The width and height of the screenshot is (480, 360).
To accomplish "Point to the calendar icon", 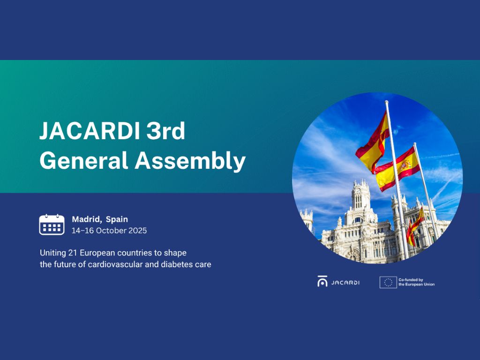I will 52,225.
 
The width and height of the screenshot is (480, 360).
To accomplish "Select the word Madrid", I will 87,219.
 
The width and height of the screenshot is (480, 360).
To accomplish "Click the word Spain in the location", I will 117,219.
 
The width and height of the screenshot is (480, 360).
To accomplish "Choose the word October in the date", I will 111,231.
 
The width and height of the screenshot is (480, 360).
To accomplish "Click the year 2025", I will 137,231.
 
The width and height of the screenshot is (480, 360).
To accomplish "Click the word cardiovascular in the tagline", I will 116,264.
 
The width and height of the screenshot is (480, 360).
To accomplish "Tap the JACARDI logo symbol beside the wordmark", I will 322,282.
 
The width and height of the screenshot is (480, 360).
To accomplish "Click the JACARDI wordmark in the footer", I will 345,282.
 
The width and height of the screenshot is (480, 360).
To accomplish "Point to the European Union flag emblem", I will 388,282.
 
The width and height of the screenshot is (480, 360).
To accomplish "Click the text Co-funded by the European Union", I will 416,282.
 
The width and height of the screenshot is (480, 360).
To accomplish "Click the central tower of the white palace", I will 361,199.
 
